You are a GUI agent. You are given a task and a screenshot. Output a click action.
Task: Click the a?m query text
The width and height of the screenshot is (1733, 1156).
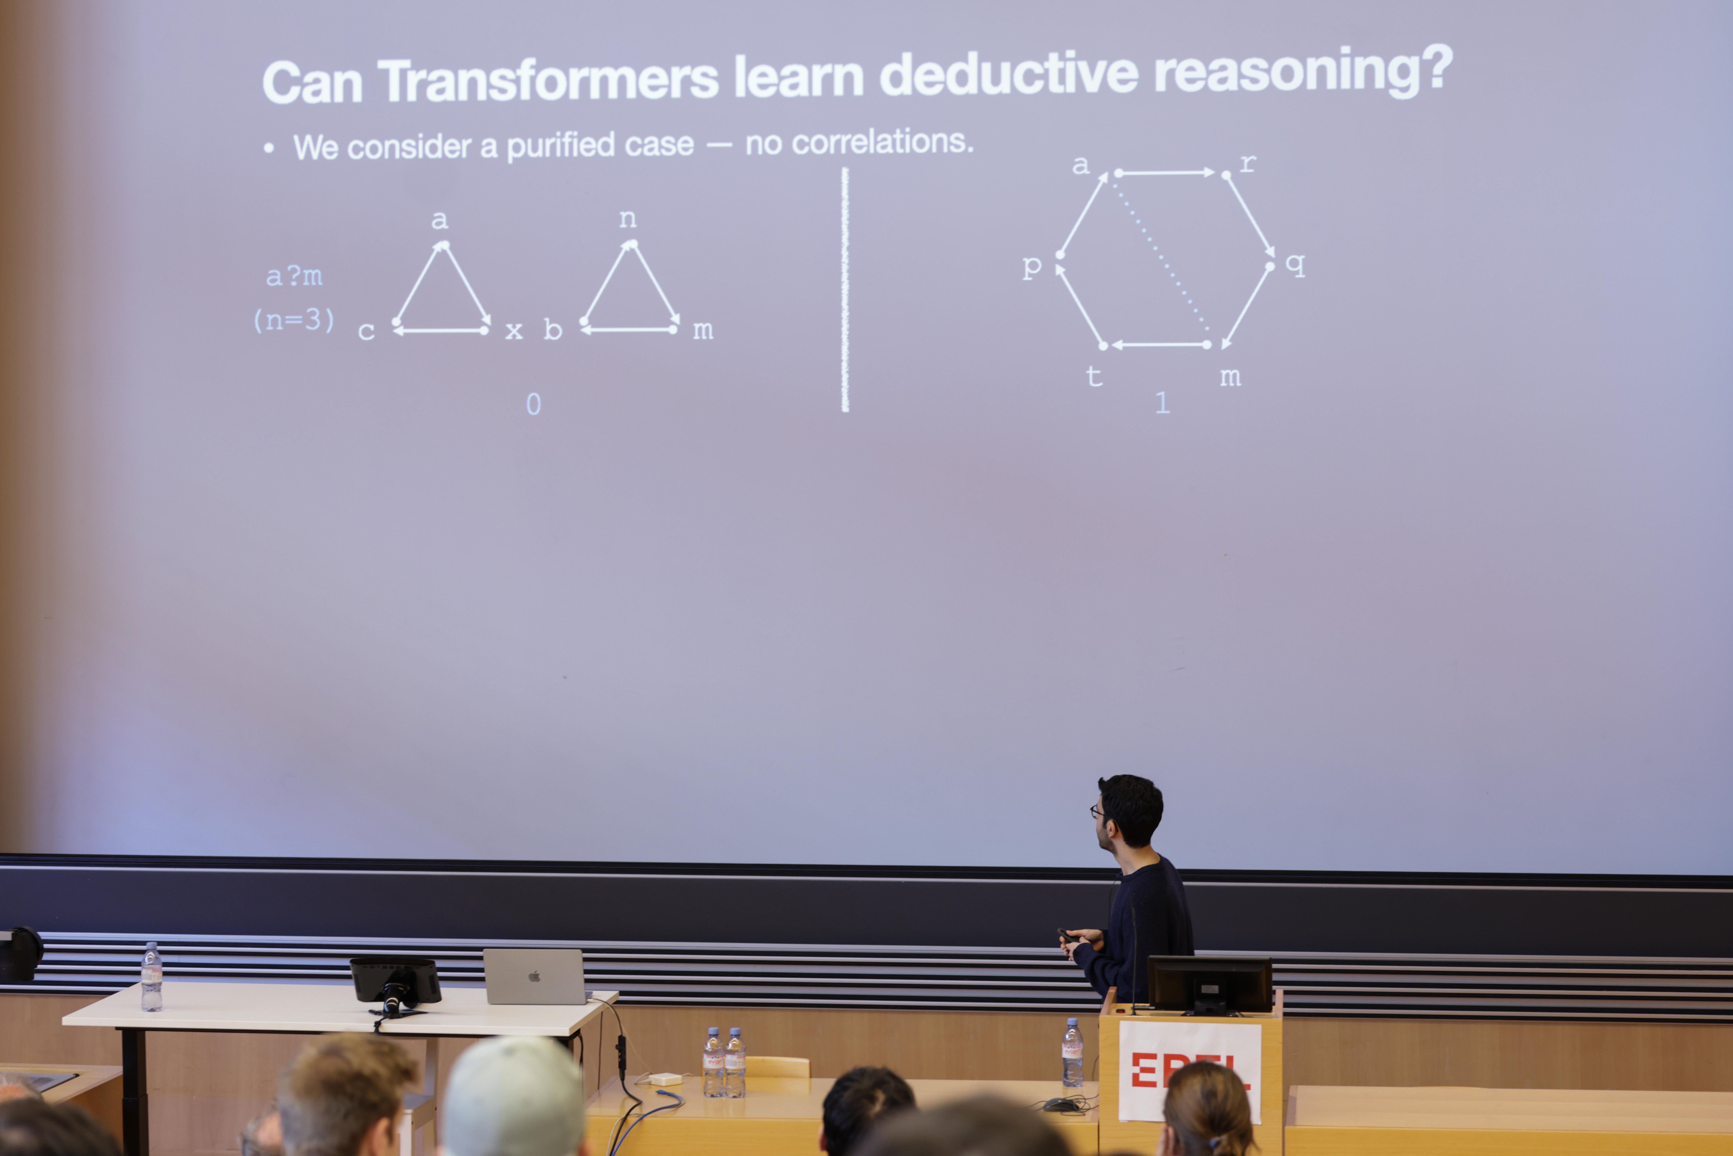pyautogui.click(x=293, y=276)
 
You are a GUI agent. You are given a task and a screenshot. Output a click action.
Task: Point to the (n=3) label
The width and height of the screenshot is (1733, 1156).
pyautogui.click(x=293, y=320)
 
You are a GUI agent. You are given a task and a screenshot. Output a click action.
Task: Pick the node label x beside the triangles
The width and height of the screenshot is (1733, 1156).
pyautogui.click(x=514, y=331)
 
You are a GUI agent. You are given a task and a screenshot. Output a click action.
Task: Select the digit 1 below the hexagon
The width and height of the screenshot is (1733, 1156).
pyautogui.click(x=1162, y=403)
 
